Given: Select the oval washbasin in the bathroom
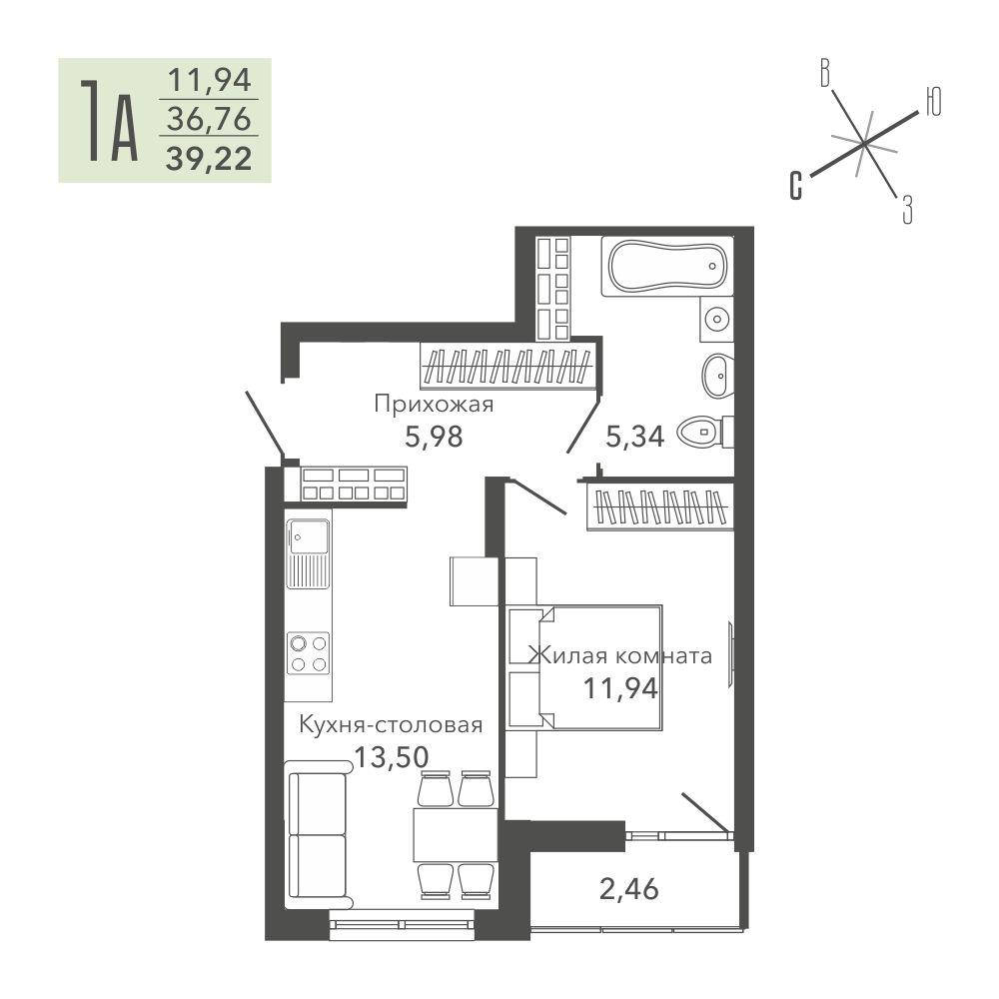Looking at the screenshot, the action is pos(718,376).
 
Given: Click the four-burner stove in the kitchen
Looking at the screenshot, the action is pos(309,653).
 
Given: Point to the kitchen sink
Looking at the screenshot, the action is pos(309,553).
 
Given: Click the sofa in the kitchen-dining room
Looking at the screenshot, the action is pos(318,834).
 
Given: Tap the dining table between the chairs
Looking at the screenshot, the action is pos(455,834).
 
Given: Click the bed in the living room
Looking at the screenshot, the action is pos(584,667).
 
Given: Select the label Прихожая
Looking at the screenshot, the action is pos(434,404).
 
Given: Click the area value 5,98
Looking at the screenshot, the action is pos(434,438).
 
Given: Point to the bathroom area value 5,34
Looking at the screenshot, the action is pos(635,438).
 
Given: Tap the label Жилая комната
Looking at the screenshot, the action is pos(620,655).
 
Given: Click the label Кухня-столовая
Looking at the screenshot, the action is pos(391,725).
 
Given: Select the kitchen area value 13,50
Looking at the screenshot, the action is pos(392,757).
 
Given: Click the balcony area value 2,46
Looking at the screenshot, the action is pos(628,889).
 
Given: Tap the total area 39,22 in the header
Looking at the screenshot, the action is pos(209,159).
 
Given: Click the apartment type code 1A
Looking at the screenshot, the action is pos(108,121).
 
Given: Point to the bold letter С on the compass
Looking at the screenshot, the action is pos(796,186).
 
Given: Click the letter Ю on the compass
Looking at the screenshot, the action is pos(933,102).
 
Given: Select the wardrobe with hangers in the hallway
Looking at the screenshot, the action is pos(507,367).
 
